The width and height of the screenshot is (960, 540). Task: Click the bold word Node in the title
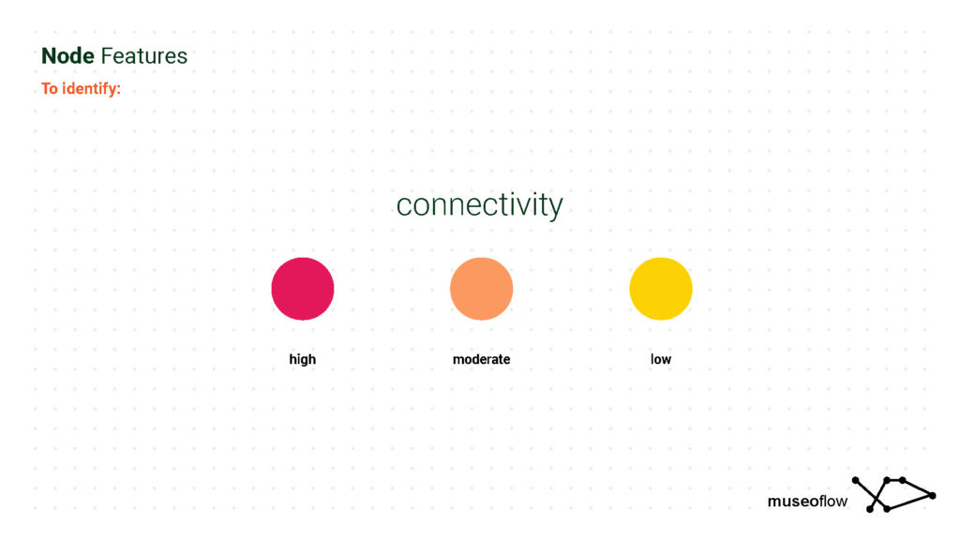(67, 55)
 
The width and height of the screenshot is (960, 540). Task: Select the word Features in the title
(143, 55)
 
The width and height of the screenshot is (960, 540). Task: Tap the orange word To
(50, 89)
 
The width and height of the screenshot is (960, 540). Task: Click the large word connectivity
(479, 205)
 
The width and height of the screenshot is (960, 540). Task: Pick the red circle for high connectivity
(303, 289)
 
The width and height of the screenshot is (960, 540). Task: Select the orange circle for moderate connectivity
(481, 289)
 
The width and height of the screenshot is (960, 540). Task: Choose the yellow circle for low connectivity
(661, 289)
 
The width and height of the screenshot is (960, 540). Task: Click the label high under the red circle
(303, 359)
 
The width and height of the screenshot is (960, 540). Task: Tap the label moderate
(481, 359)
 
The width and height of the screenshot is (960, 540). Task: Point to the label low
(661, 359)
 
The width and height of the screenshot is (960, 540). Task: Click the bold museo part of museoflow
(793, 502)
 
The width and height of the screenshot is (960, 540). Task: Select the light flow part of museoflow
(833, 501)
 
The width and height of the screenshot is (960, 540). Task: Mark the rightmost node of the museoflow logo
(933, 495)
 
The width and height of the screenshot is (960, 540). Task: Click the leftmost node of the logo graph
(855, 481)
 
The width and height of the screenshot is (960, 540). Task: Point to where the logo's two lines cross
(877, 497)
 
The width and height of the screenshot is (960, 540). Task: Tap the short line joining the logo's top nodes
(894, 480)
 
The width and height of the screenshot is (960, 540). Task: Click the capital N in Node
(49, 55)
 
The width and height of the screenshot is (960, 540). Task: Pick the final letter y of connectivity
(555, 208)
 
